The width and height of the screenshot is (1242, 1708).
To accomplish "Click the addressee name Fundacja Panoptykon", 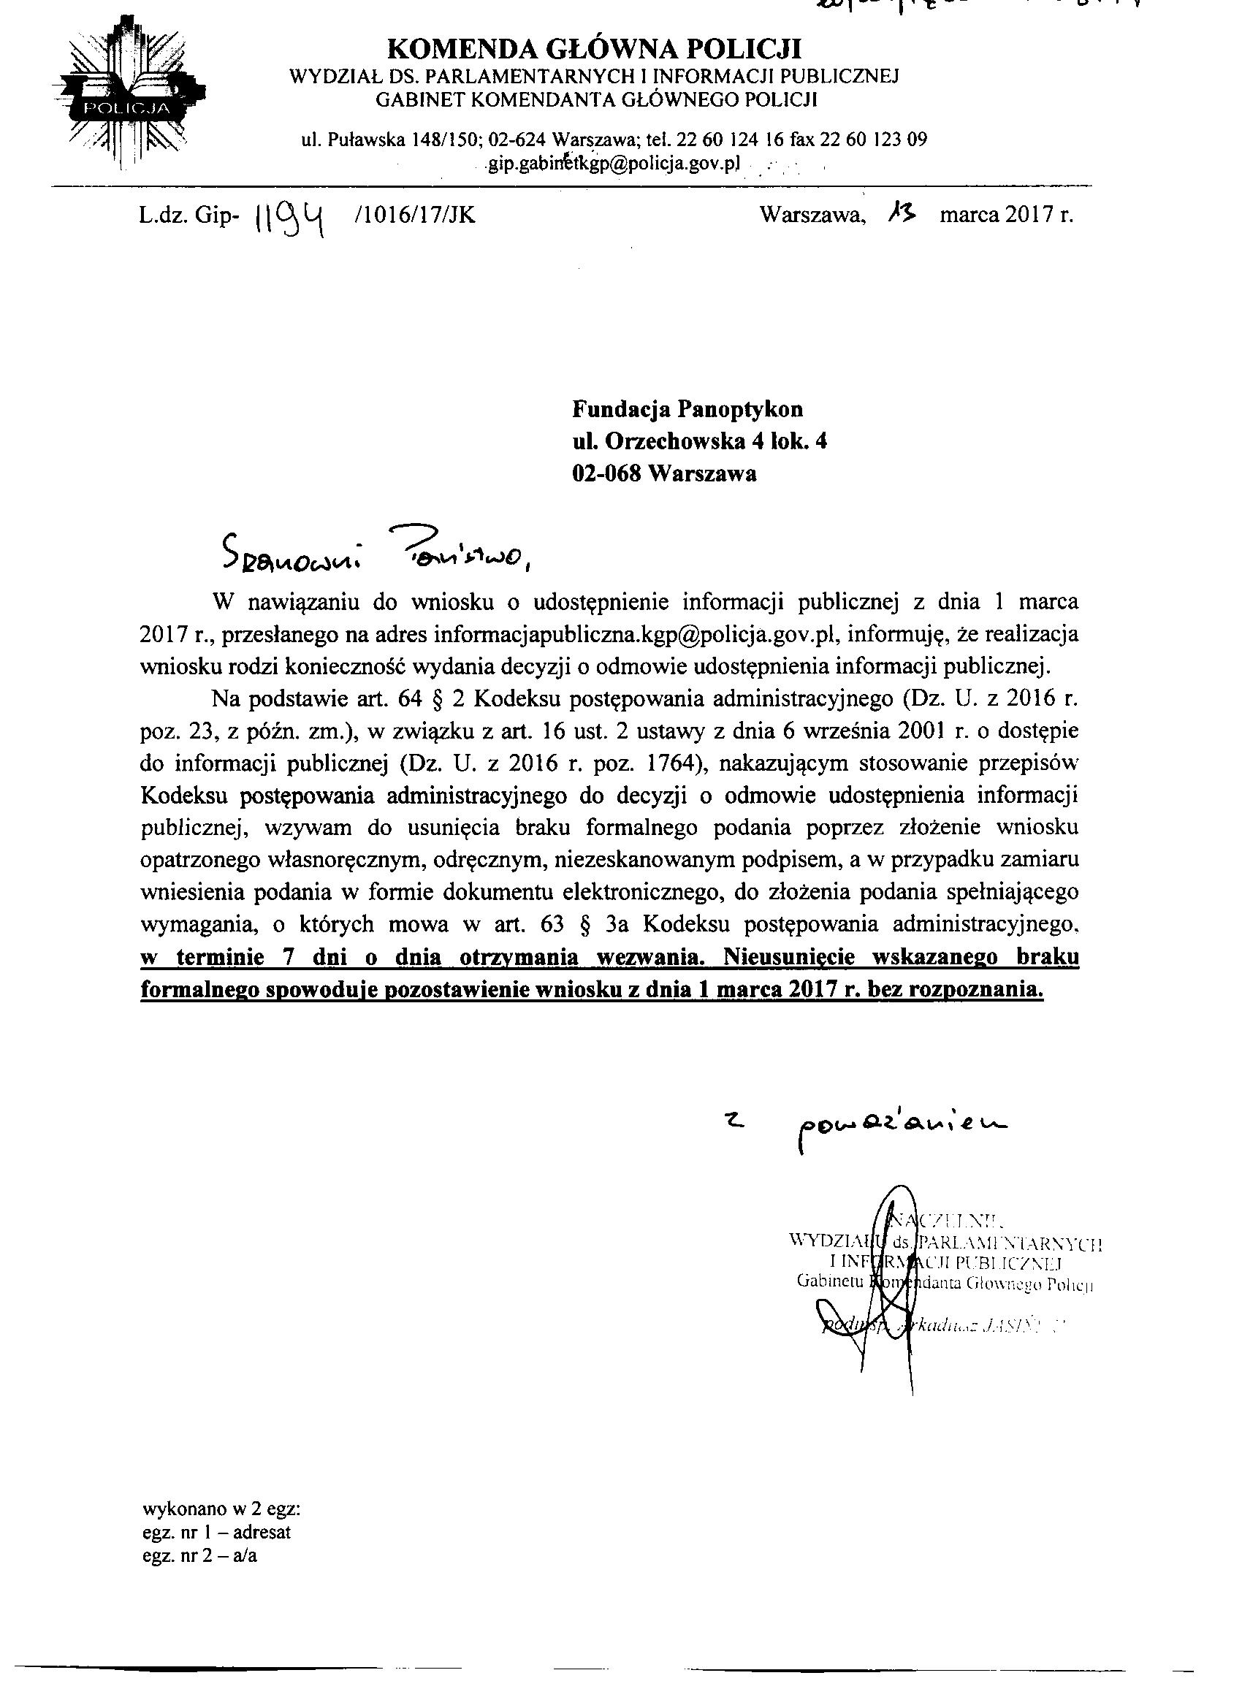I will coord(687,409).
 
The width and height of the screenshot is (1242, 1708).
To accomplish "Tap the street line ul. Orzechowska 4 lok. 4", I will coord(700,441).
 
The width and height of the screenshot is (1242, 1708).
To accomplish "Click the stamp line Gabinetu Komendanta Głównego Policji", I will coord(945,1285).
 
